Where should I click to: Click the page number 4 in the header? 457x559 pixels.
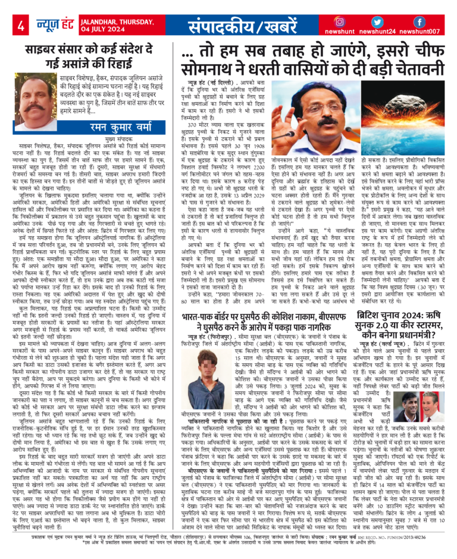pyautogui.click(x=21, y=26)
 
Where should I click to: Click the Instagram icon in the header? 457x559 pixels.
pyautogui.click(x=340, y=21)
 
